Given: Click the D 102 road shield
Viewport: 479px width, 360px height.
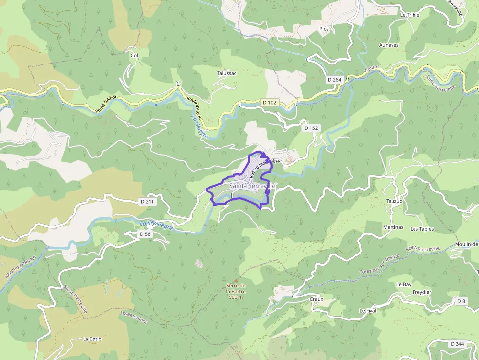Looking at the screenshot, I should pyautogui.click(x=269, y=103).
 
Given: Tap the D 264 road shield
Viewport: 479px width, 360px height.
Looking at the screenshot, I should pyautogui.click(x=334, y=79).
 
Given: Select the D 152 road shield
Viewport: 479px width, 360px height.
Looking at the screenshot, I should pyautogui.click(x=311, y=128).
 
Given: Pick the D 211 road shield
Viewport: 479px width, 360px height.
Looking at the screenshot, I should pyautogui.click(x=147, y=201).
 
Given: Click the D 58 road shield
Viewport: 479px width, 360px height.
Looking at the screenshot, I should pyautogui.click(x=145, y=234).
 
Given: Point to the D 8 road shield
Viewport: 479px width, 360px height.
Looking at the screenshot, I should pyautogui.click(x=461, y=301).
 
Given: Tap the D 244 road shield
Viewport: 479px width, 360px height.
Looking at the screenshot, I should pyautogui.click(x=457, y=344).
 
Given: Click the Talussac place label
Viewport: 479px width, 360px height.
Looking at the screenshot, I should pyautogui.click(x=227, y=73).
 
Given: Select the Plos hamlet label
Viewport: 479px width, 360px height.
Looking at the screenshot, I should pyautogui.click(x=324, y=29).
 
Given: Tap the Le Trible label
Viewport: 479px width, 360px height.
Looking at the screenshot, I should pyautogui.click(x=410, y=15).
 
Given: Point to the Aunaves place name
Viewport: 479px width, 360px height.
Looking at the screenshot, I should pyautogui.click(x=389, y=45).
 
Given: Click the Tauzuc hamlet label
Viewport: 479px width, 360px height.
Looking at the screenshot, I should pyautogui.click(x=394, y=201).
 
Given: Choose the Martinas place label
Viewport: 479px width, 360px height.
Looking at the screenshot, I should pyautogui.click(x=393, y=227).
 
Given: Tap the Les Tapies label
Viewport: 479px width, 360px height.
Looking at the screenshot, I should pyautogui.click(x=422, y=229).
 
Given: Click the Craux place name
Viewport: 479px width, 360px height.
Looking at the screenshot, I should pyautogui.click(x=316, y=299).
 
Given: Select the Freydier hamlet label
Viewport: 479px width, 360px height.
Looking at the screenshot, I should pyautogui.click(x=422, y=292).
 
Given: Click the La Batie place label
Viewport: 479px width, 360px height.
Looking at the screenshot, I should pyautogui.click(x=92, y=339).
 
